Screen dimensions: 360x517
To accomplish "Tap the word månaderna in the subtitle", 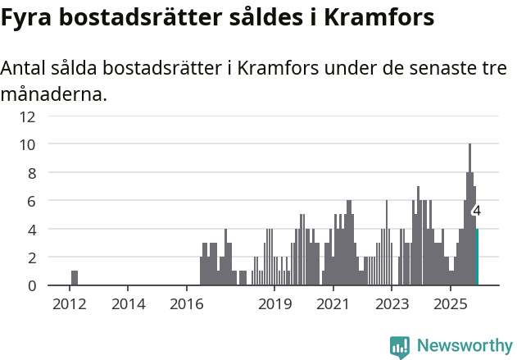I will coord(53,94).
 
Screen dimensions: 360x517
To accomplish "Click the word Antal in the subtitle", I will coord(26,69).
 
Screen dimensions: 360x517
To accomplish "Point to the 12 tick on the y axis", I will coord(28,116).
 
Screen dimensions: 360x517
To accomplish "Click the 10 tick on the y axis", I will coord(28,144).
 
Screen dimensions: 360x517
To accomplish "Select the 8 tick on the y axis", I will coord(31,172).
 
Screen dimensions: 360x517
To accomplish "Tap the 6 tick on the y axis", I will coord(31,201).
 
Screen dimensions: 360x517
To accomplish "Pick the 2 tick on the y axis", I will coord(31,257).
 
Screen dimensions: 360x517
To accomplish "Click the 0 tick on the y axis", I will coord(31,285).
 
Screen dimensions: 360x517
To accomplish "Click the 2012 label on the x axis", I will coord(70,304).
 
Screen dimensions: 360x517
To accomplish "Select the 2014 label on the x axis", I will coord(128,304).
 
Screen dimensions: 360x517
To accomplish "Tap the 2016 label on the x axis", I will coord(187,304).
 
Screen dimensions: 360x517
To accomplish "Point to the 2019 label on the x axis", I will coord(274,304).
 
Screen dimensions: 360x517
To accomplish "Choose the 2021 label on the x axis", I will coord(333,304).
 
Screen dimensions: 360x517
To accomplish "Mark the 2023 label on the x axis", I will coord(392,304).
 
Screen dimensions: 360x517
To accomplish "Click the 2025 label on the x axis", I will coord(450,304).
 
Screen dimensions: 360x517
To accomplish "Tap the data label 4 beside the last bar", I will coord(477,211).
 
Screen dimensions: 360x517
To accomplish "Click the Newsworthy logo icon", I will coord(400,347).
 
